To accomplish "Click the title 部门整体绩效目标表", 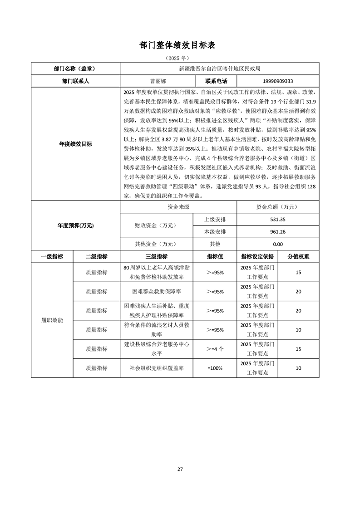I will click(x=180, y=45).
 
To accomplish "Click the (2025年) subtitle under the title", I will click(x=180, y=59).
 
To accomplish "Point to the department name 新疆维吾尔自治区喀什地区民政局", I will click(x=220, y=69).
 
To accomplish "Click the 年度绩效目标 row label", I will click(x=75, y=144).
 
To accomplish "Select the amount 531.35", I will click(x=278, y=220).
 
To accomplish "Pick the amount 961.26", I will click(x=278, y=232).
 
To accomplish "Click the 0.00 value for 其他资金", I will click(x=278, y=244).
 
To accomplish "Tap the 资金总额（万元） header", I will click(x=278, y=207).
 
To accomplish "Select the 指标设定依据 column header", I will click(x=257, y=256).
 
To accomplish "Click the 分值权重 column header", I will click(x=298, y=256).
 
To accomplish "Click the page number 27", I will click(x=180, y=469).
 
